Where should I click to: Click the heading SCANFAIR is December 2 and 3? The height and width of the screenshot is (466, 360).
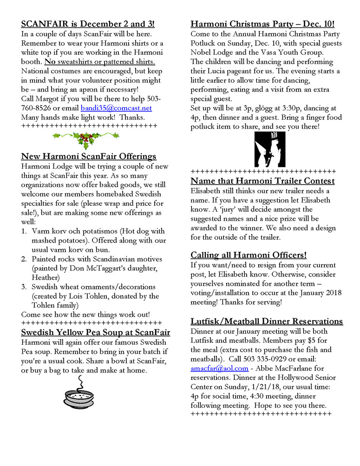88,24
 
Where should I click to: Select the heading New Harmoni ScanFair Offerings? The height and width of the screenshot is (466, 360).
89,157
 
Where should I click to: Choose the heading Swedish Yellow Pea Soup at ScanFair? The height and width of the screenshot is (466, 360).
96,332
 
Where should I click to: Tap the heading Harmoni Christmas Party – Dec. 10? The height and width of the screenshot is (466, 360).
262,24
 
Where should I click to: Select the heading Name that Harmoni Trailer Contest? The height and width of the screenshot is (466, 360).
262,181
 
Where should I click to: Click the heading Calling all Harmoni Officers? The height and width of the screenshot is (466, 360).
249,255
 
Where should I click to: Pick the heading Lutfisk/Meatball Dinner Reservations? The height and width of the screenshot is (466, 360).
267,321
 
